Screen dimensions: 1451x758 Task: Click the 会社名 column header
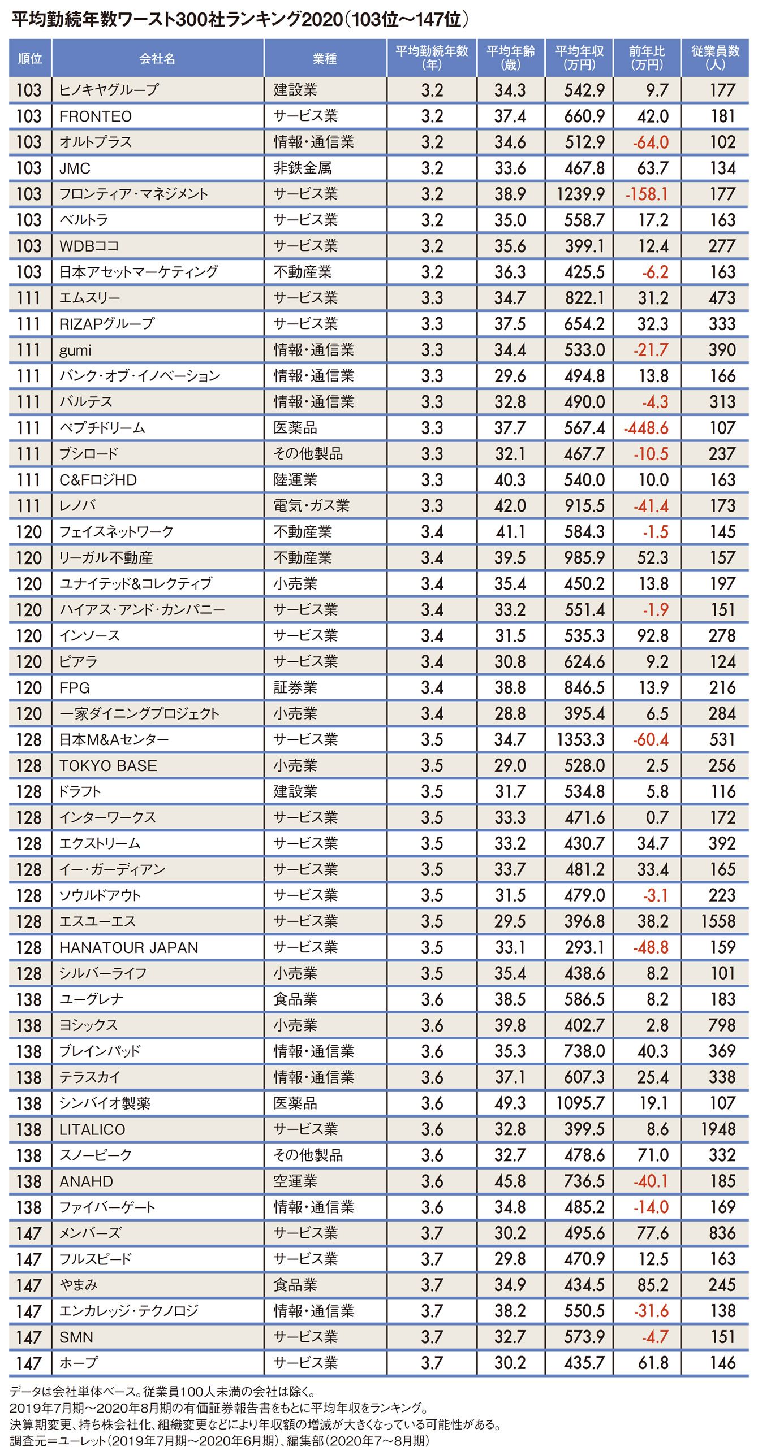(x=157, y=58)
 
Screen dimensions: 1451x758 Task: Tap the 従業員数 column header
(x=715, y=58)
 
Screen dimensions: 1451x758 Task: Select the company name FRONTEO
(x=96, y=116)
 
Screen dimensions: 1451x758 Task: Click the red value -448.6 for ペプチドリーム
(x=646, y=428)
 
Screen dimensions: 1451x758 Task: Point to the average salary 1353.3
(x=580, y=739)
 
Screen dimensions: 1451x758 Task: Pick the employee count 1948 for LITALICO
(x=718, y=1129)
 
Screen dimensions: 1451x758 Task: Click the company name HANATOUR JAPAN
(x=129, y=947)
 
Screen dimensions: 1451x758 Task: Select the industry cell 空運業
(x=295, y=1181)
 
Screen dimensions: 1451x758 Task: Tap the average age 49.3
(x=510, y=1103)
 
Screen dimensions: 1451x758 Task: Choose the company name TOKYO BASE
(x=108, y=765)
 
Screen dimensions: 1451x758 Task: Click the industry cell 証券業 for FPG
(x=295, y=687)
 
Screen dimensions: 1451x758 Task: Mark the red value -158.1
(x=647, y=194)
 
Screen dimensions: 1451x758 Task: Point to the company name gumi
(x=75, y=350)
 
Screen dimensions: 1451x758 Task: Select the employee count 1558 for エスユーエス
(x=718, y=921)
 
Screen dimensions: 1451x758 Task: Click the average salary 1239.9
(x=580, y=194)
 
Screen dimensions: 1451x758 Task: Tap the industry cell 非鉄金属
(x=303, y=168)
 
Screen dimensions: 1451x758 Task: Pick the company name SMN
(x=76, y=1337)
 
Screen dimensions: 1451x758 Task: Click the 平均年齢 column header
(x=511, y=58)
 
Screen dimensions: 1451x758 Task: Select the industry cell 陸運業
(x=295, y=480)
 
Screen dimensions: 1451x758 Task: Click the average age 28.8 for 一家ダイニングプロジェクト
(x=510, y=713)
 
